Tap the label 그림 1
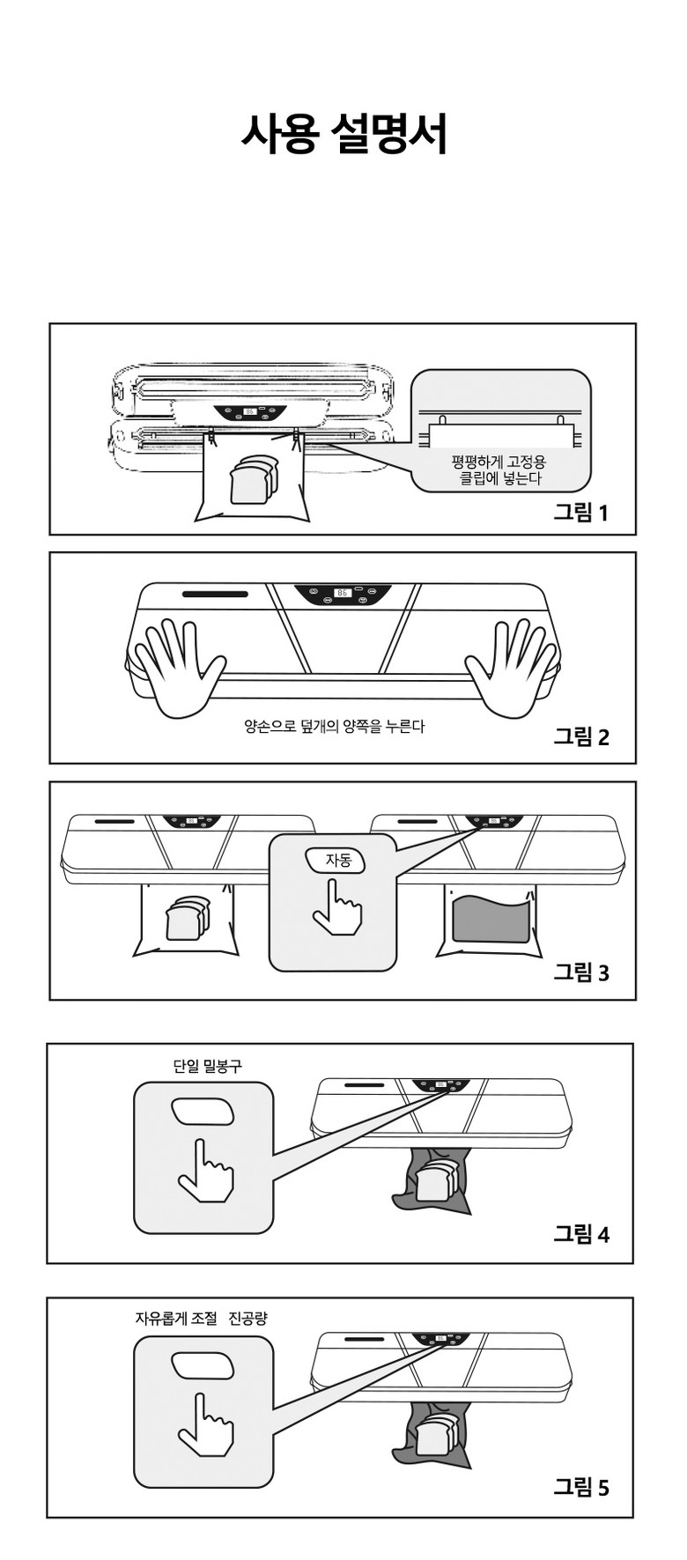tap(580, 512)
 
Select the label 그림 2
tap(580, 736)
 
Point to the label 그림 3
tap(580, 972)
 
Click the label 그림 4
tap(580, 1233)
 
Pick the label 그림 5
tap(580, 1487)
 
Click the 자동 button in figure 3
tap(336, 860)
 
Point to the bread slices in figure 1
tap(253, 479)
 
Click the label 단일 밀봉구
tap(207, 1066)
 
